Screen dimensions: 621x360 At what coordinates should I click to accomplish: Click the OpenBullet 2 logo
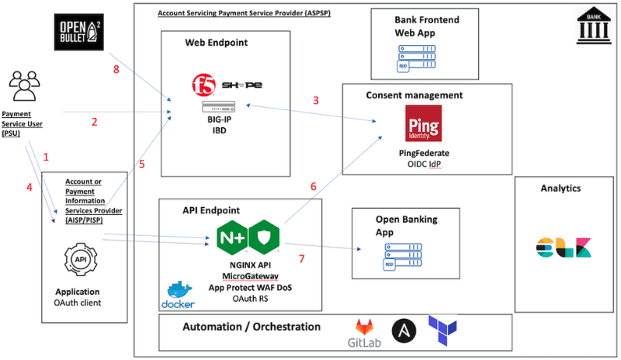coord(79,32)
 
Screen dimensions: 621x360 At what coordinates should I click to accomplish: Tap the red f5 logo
coord(203,85)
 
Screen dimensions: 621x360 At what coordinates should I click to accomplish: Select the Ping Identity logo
coord(423,123)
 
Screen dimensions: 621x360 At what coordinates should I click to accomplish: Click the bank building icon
coord(594,25)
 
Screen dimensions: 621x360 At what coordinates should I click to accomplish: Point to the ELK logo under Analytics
coord(564,247)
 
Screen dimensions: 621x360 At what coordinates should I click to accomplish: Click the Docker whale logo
coord(178,295)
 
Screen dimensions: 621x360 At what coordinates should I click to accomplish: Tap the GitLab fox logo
coord(364,327)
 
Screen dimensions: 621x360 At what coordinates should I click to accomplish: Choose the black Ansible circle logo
coord(404,331)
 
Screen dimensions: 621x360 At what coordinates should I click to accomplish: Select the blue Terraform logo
coord(442,331)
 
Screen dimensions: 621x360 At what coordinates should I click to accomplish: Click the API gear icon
coord(81,259)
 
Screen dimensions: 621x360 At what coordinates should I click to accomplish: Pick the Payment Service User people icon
coord(25,85)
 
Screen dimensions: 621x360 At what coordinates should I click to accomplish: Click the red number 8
coord(116,70)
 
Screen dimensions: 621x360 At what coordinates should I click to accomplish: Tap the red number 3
coord(316,101)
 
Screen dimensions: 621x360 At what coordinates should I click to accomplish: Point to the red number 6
coord(314,186)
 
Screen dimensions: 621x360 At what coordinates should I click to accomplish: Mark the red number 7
coord(302,259)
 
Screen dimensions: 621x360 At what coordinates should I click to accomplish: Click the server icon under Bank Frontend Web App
coord(416,58)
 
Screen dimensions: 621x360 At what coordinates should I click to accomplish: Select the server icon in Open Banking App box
coord(403,257)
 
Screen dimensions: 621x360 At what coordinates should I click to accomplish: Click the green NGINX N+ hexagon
coord(232,237)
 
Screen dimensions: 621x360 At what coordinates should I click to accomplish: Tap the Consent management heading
coord(415,95)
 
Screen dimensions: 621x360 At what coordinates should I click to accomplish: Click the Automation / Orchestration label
coord(252,327)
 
